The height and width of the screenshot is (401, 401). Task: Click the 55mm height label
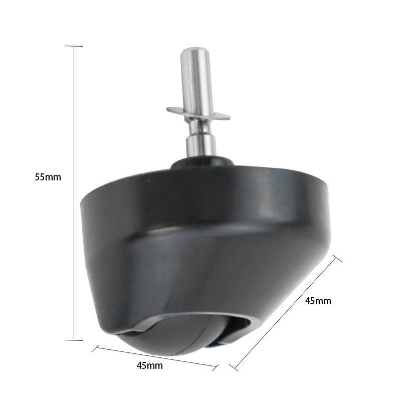(48, 177)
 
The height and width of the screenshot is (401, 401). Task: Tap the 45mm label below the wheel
(149, 366)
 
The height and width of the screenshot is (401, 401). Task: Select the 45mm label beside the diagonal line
(318, 301)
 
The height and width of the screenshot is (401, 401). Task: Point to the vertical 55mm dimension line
(74, 193)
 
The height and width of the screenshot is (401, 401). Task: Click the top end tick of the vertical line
(74, 46)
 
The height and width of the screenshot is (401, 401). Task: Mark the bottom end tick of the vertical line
(74, 340)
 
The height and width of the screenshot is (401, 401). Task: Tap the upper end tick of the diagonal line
(337, 258)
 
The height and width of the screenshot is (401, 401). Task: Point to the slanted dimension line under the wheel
(155, 357)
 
